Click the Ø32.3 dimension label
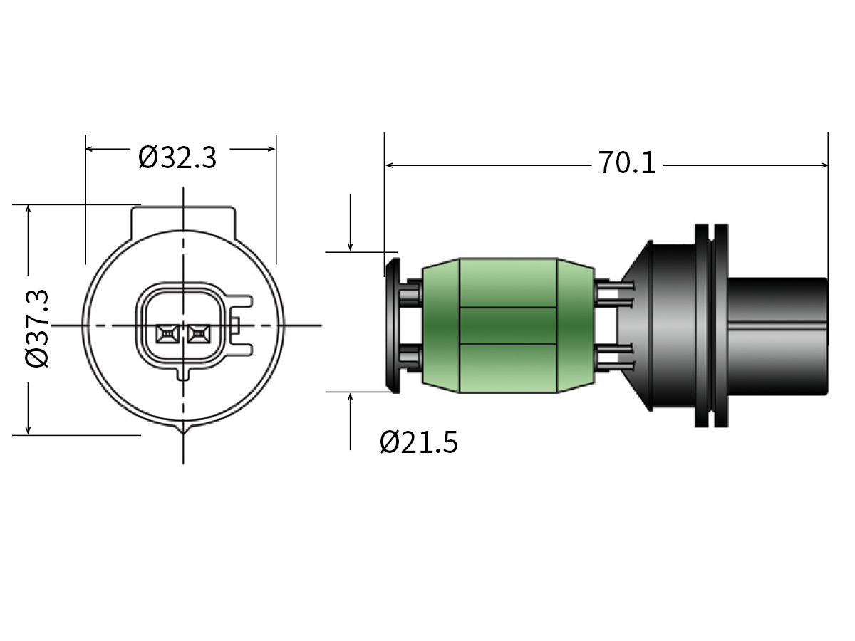[x=177, y=157]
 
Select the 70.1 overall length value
[x=626, y=165]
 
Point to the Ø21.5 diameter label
[x=419, y=443]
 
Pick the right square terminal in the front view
[x=198, y=333]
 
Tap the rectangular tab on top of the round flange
[x=183, y=218]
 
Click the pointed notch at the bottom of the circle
[x=184, y=429]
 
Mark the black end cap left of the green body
[x=393, y=325]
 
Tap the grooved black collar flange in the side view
[x=712, y=325]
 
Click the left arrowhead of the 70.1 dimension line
[x=389, y=165]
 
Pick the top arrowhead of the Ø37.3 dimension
[x=28, y=209]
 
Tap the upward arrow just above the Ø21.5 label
[x=351, y=397]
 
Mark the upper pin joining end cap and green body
[x=411, y=292]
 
